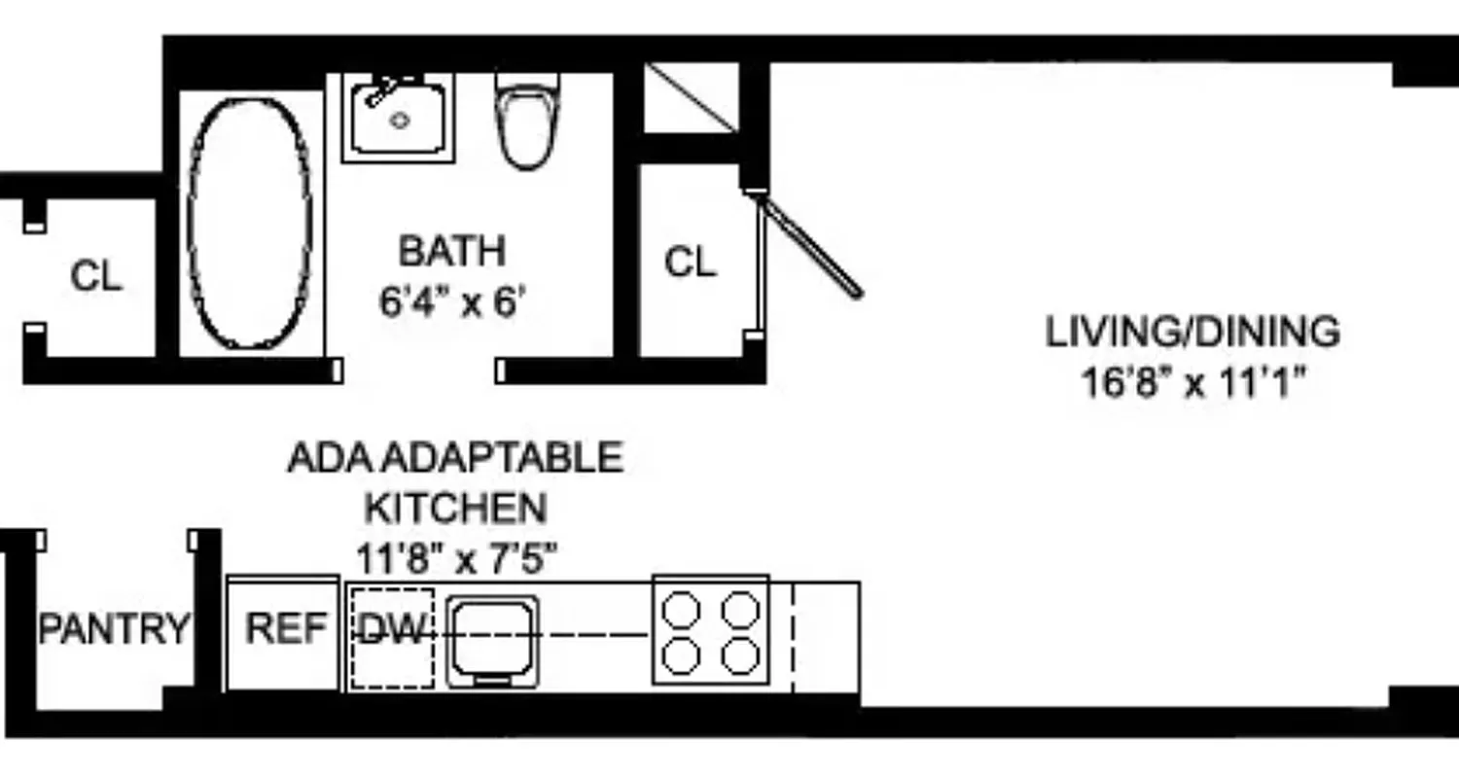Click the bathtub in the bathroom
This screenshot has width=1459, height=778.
coord(250,222)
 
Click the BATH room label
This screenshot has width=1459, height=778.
coord(452,251)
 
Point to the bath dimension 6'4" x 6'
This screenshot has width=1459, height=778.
coord(452,301)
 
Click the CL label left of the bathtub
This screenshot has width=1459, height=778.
coord(96,277)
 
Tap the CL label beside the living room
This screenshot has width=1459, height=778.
coord(691,262)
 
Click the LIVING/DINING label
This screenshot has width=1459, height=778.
coord(1192,333)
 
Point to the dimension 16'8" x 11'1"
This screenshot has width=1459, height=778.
coord(1192,382)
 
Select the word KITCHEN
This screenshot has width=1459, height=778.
coord(455,508)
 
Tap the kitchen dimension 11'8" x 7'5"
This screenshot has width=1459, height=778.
coord(456,559)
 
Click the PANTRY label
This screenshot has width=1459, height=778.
coord(114,629)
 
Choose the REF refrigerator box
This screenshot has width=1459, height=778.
coord(284,629)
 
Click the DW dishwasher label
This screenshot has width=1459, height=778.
coord(392,632)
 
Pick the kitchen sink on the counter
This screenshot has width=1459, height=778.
coord(492,638)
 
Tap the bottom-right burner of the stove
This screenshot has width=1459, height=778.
coord(740,656)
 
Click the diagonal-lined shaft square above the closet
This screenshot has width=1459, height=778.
coord(693,97)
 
